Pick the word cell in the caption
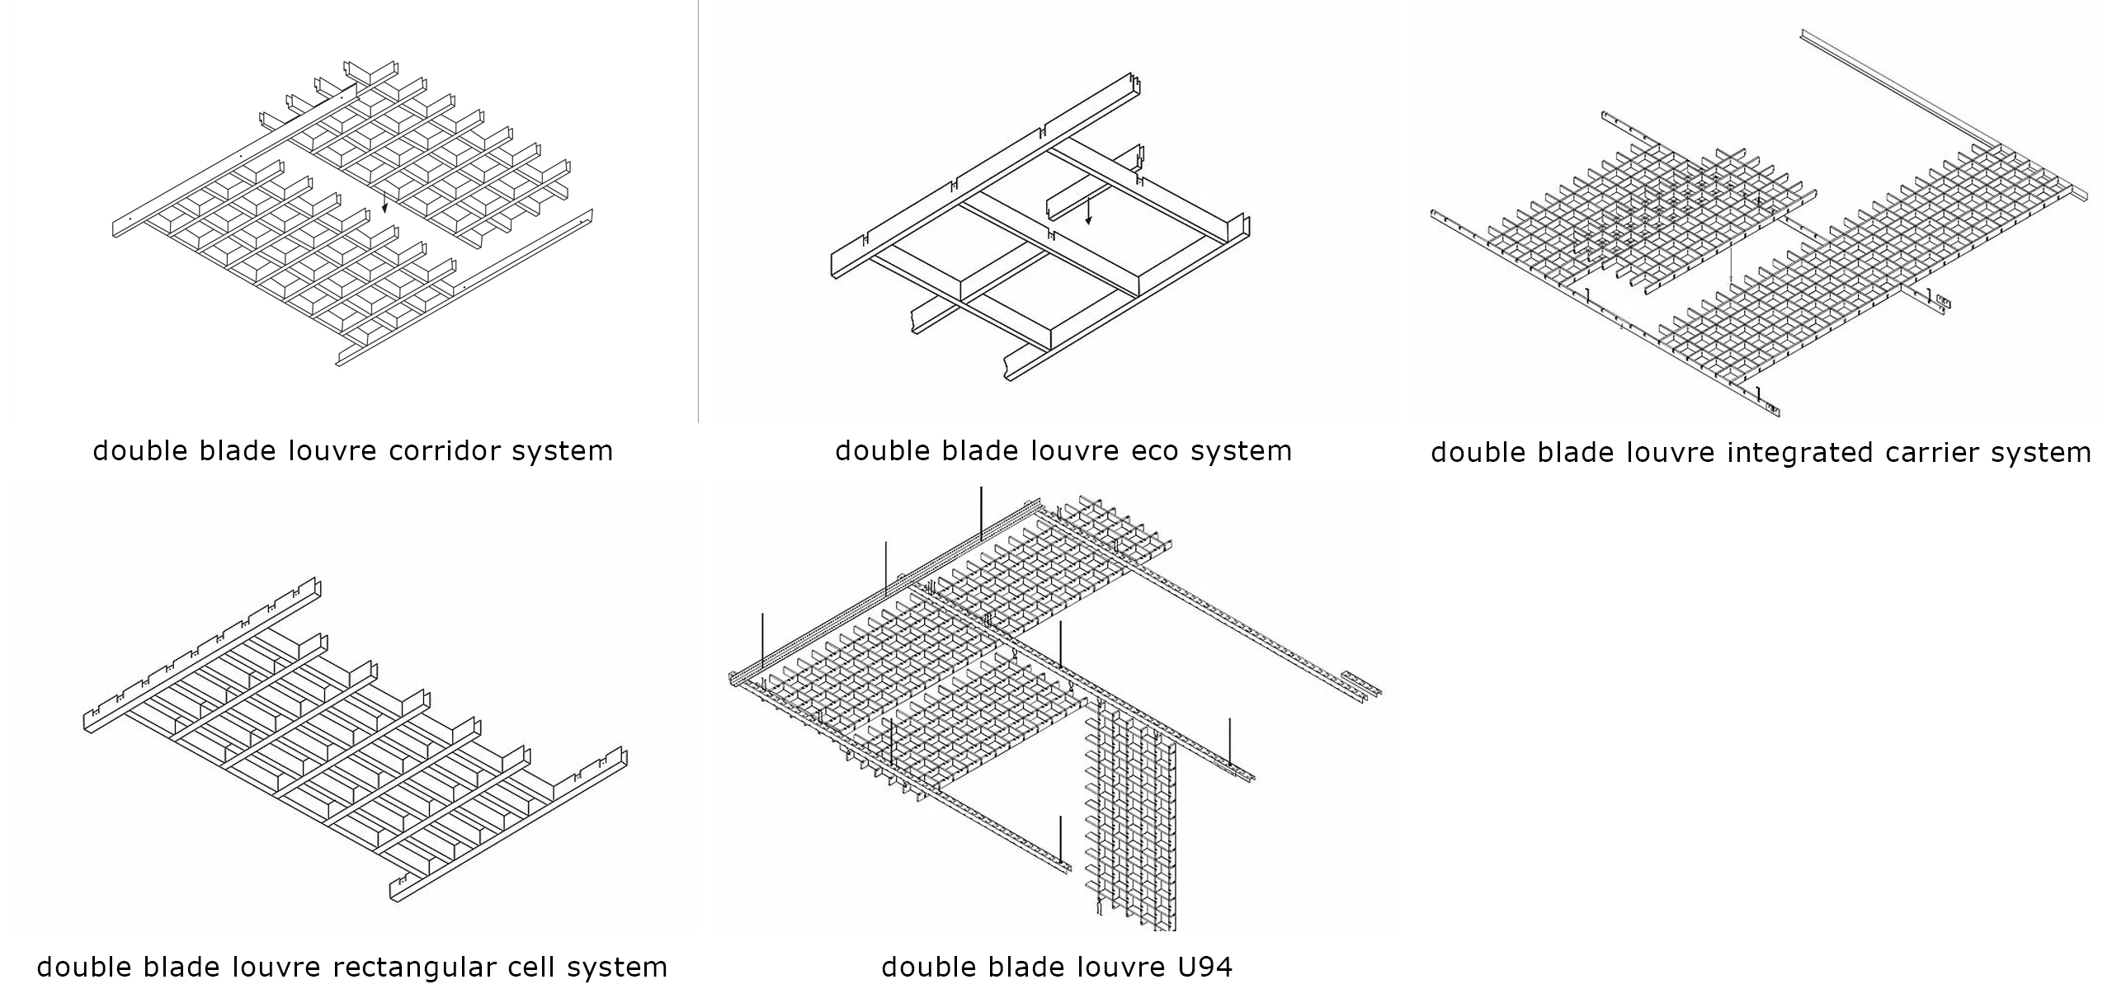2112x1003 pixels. [534, 967]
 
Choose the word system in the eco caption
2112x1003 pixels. [1242, 451]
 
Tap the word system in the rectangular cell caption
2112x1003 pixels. [617, 967]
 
